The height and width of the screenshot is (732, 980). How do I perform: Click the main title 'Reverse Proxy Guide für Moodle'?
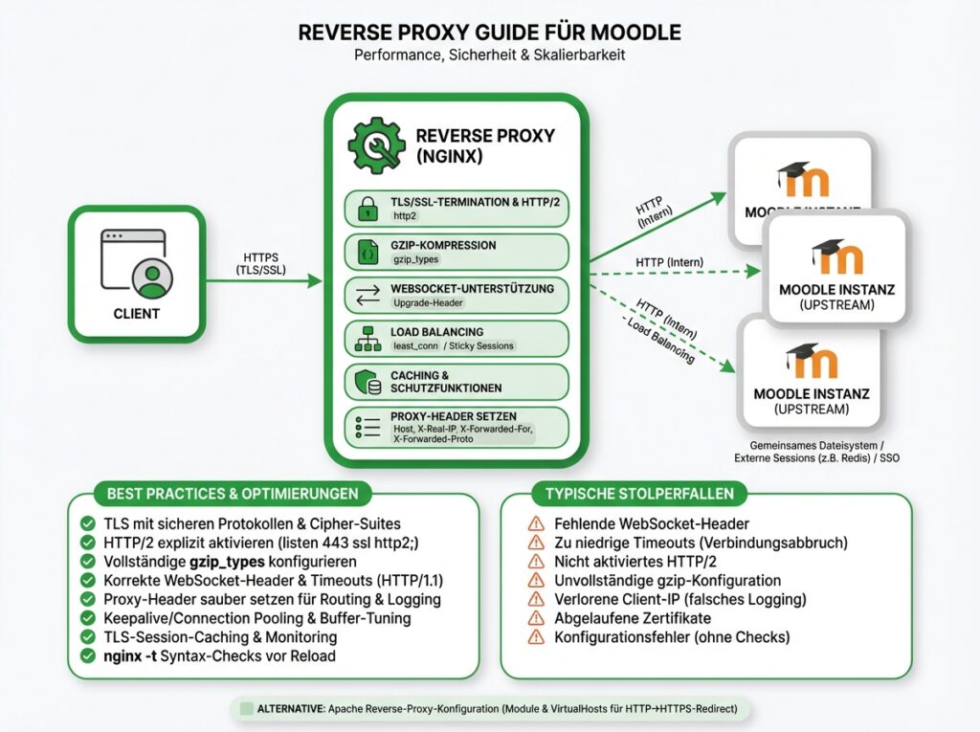(489, 32)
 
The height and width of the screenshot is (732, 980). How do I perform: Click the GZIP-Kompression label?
(443, 245)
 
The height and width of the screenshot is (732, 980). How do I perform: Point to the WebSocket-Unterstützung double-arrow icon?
(367, 295)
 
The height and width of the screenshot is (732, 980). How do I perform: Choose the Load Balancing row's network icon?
(367, 339)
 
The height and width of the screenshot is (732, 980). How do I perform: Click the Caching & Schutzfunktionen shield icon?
(367, 383)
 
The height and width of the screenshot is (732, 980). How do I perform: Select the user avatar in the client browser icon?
(150, 277)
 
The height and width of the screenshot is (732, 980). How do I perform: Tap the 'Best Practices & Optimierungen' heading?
(234, 494)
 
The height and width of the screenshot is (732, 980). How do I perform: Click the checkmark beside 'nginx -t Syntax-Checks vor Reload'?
(87, 656)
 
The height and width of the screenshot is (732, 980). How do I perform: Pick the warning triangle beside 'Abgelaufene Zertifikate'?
(536, 618)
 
